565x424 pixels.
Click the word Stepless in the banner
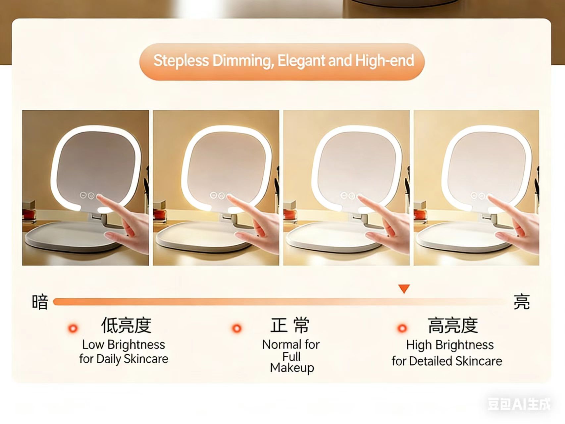[181, 61]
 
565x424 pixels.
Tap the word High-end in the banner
[385, 61]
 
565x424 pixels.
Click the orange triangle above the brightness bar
[404, 288]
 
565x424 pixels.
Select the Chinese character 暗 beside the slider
[40, 302]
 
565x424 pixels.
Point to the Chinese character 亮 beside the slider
[521, 302]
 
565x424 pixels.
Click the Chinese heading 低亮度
[126, 325]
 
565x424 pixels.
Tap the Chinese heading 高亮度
[453, 325]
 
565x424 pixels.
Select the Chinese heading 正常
[290, 325]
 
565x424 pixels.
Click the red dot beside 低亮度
[73, 328]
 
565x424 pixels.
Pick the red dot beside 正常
[236, 328]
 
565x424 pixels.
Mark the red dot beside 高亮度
[402, 328]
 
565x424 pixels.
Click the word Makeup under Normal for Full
[292, 368]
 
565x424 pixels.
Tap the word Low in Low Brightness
[93, 345]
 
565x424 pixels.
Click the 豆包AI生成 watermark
[519, 404]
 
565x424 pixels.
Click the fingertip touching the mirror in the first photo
[99, 197]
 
